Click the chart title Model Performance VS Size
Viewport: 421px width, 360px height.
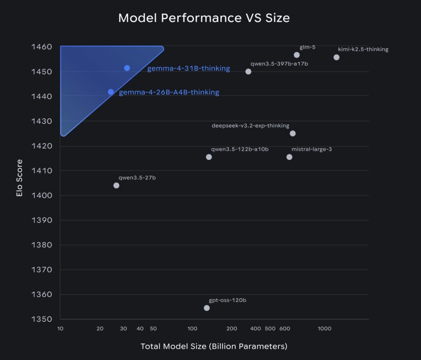point(204,18)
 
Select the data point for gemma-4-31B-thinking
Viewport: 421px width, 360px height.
point(127,68)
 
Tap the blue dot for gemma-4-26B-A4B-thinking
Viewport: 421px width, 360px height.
point(111,92)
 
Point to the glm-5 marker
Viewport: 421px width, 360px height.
point(297,55)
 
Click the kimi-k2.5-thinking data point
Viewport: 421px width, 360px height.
point(336,57)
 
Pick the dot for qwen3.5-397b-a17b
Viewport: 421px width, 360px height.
point(248,72)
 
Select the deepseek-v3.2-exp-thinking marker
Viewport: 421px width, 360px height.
point(293,133)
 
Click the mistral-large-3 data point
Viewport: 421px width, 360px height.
point(289,157)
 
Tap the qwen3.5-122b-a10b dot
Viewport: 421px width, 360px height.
point(209,157)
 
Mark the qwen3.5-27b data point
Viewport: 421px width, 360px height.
point(116,185)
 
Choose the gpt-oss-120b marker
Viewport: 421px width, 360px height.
point(207,308)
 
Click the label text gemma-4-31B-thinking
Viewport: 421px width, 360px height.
point(188,68)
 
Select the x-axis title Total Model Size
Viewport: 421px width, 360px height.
point(214,346)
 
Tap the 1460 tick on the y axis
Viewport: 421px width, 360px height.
point(42,47)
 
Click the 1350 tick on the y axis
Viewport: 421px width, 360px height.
point(42,319)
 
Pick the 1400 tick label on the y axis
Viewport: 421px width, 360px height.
point(42,195)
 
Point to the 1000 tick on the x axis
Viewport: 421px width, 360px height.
point(324,329)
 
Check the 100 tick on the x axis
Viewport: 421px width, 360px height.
point(192,329)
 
